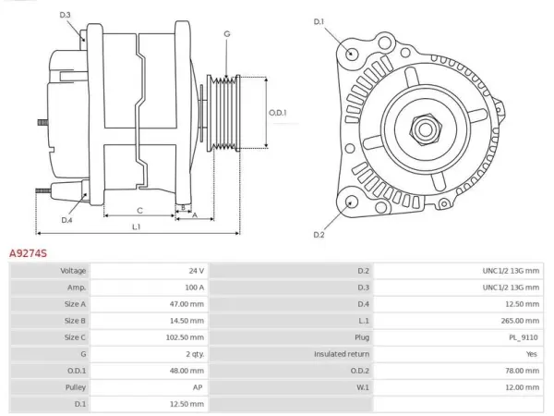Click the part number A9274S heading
coord(28,253)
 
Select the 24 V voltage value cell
coord(197,271)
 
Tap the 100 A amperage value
coord(195,288)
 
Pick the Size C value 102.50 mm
coord(186,337)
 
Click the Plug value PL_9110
coord(524,337)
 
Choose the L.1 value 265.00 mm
coord(520,321)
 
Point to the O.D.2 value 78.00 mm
coord(523,371)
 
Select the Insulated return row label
coord(342,354)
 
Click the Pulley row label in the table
coord(76,387)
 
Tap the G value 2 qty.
coord(196,354)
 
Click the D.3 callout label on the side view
coord(65,15)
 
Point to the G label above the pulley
coord(227,34)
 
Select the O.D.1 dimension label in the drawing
coord(278,113)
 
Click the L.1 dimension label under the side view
coord(137,226)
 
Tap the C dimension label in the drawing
coord(139,211)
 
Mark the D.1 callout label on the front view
coord(319,22)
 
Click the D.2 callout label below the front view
coord(319,235)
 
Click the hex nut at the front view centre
coord(426,129)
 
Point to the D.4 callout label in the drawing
coord(66,220)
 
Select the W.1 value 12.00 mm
coord(523,387)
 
